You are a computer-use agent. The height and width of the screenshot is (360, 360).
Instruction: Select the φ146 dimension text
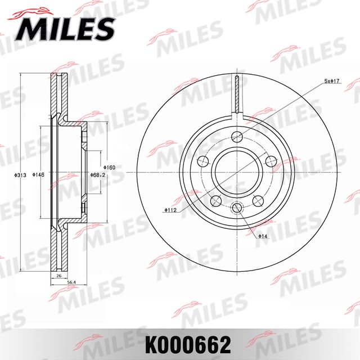click(x=39, y=175)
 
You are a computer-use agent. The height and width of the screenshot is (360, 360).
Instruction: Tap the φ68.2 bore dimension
click(x=98, y=175)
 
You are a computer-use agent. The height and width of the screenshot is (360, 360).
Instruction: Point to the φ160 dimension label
click(x=110, y=168)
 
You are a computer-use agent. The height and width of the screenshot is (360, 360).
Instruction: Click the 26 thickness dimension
click(x=58, y=277)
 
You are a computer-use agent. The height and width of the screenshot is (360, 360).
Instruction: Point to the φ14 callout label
click(x=263, y=236)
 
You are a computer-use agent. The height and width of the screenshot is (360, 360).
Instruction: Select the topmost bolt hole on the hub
click(x=237, y=136)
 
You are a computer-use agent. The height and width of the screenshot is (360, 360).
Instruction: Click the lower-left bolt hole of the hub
click(x=214, y=200)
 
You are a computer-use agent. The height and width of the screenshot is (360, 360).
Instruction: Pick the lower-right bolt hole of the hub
click(x=259, y=200)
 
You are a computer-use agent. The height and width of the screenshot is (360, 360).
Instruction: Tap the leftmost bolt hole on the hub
click(x=201, y=161)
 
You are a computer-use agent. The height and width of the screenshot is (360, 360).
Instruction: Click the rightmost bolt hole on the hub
click(x=273, y=161)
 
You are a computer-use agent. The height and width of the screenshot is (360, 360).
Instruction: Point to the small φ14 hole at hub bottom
click(x=237, y=209)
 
